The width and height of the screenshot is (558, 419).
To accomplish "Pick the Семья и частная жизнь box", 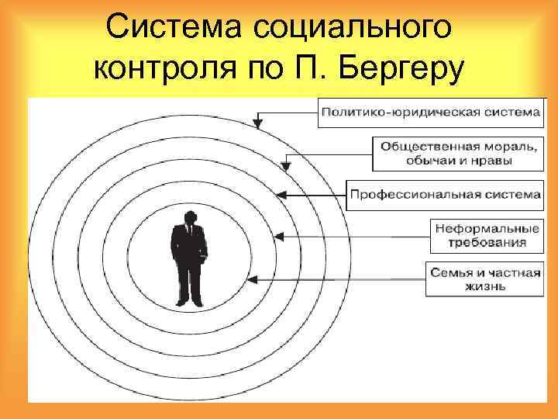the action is point(484,278).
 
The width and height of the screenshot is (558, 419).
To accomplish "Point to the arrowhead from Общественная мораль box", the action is point(286,164).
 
